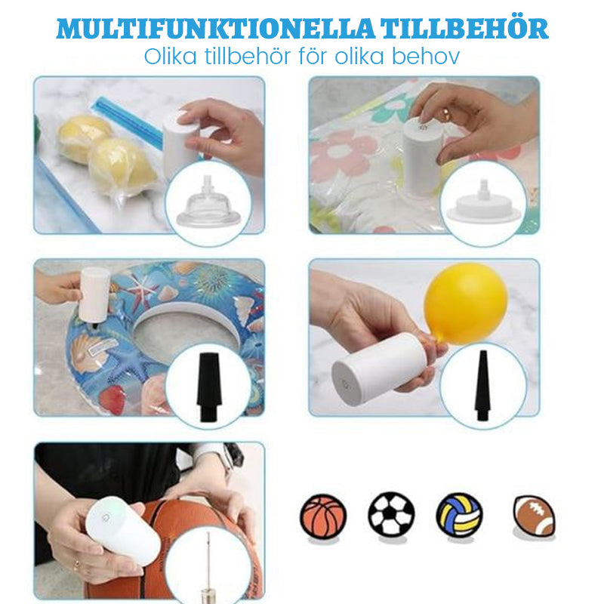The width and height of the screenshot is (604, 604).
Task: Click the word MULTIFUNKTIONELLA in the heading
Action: click(x=215, y=29)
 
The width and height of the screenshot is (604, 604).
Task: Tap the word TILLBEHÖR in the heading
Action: click(x=464, y=28)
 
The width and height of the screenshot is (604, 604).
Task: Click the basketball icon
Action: click(x=323, y=516)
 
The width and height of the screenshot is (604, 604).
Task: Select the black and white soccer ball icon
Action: click(x=391, y=514)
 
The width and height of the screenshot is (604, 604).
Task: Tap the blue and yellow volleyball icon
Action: click(x=459, y=515)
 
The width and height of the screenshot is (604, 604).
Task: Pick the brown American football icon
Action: click(x=534, y=516)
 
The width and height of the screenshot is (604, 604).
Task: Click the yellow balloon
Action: click(x=465, y=304)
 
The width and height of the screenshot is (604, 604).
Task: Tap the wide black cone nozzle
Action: click(x=209, y=387)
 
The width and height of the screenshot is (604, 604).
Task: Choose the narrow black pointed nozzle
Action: click(x=482, y=385)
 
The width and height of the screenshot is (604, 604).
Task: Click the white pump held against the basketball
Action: click(x=122, y=531)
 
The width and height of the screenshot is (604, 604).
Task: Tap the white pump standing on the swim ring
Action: click(x=94, y=294)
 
